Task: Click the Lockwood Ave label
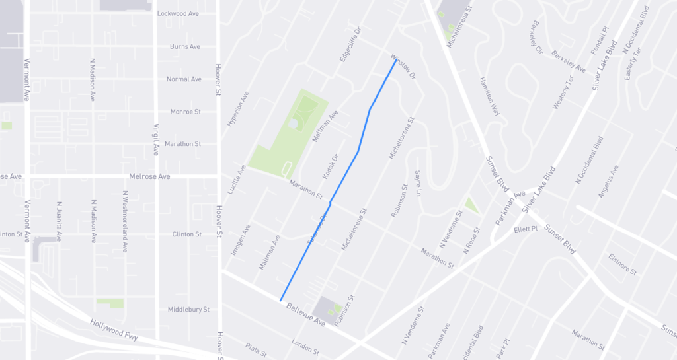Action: pyautogui.click(x=179, y=13)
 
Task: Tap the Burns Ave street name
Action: pyautogui.click(x=184, y=47)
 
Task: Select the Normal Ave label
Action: pyautogui.click(x=184, y=79)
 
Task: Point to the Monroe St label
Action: pyautogui.click(x=185, y=112)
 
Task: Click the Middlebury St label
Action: pyautogui.click(x=188, y=309)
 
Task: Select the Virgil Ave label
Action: pyautogui.click(x=156, y=139)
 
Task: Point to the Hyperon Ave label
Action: pyautogui.click(x=237, y=108)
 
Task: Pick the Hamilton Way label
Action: pyautogui.click(x=489, y=96)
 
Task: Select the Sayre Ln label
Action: pyautogui.click(x=417, y=183)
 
